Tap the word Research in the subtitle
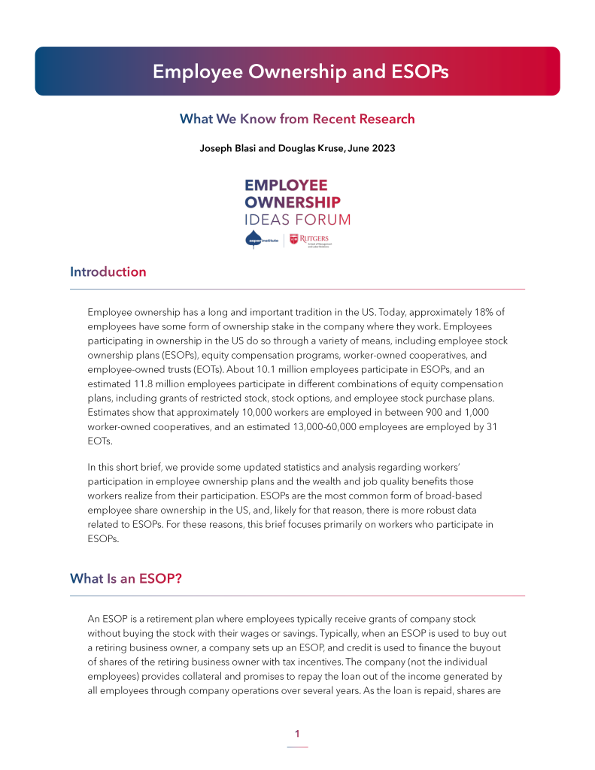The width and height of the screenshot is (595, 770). point(382,119)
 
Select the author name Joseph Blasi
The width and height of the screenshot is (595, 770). point(225,148)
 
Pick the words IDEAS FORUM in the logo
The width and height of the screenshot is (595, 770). point(297,220)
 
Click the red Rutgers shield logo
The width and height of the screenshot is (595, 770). point(293,240)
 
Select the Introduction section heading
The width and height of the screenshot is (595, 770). point(108,272)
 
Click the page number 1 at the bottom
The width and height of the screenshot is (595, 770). point(297,734)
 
